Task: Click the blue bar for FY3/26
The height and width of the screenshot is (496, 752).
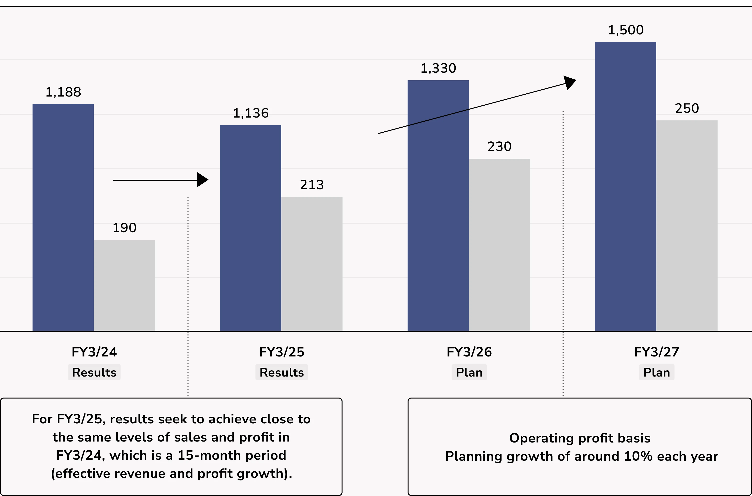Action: [438, 206]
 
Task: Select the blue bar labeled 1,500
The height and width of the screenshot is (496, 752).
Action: [625, 187]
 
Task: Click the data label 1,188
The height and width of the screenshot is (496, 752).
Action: [63, 92]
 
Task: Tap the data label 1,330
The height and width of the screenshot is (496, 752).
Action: [438, 68]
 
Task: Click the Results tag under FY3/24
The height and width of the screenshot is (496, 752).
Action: [94, 372]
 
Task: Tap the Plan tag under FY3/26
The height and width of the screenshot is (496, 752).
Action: [469, 372]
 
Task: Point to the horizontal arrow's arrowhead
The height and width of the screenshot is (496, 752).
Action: [202, 180]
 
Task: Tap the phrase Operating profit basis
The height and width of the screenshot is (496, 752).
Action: [580, 438]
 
